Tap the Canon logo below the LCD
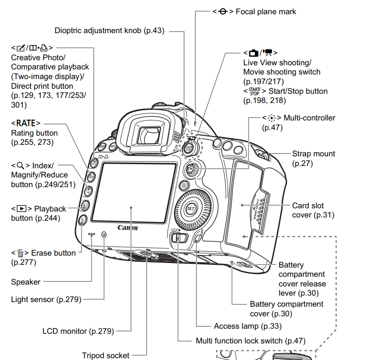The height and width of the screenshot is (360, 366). tap(127, 228)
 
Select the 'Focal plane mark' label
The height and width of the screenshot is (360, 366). tap(266, 11)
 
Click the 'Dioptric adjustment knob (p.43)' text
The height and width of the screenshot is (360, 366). tap(109, 31)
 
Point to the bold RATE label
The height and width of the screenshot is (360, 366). tap(26, 123)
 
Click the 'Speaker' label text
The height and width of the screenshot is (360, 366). tap(26, 282)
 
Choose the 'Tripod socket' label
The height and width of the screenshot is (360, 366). tap(106, 355)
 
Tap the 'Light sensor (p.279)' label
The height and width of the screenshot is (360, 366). tap(46, 300)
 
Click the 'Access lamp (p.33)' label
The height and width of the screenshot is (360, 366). tap(248, 326)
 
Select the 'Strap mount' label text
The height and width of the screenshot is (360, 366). tap(314, 154)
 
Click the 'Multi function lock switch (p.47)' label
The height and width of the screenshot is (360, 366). tap(251, 341)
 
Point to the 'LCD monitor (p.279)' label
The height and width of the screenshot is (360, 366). tap(78, 331)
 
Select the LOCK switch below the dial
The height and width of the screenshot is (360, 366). tap(178, 237)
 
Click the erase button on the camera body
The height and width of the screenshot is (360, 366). tap(82, 221)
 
